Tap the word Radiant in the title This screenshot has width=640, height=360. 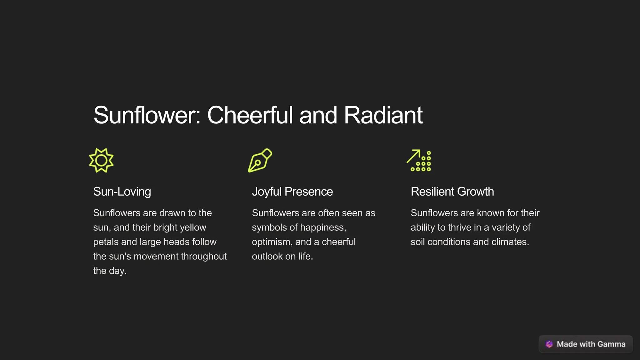tap(383, 115)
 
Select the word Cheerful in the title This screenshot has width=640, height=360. tap(250, 115)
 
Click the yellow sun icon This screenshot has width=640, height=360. tap(101, 160)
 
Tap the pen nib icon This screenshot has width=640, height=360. tap(260, 160)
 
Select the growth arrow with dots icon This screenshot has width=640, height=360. tap(419, 160)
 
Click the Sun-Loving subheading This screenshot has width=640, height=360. tap(122, 192)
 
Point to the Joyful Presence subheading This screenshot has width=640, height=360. tap(292, 192)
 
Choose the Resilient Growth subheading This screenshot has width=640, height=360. tap(452, 192)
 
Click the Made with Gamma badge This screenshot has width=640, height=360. tap(586, 344)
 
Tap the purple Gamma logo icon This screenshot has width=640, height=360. tap(549, 344)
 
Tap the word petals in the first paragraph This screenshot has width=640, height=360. tap(106, 242)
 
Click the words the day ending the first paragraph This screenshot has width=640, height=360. tap(110, 271)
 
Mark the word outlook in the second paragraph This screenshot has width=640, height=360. tap(267, 256)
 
